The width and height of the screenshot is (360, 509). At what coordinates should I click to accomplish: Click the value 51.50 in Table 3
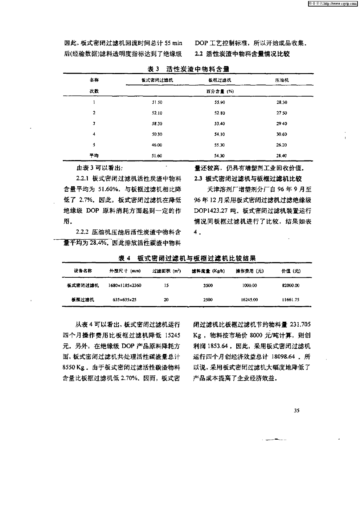coord(157,102)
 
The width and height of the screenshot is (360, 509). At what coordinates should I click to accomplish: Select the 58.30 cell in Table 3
coord(157,124)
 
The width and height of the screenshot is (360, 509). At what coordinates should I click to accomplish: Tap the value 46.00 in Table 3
coord(157,145)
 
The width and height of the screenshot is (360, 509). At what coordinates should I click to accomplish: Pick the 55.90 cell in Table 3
coord(220,102)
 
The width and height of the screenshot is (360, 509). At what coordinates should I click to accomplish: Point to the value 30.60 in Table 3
coord(282,134)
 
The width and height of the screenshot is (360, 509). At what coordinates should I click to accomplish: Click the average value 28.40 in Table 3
coord(282,156)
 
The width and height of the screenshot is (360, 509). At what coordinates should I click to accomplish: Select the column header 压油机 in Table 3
coord(282,80)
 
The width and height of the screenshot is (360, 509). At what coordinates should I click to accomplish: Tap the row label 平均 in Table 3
coord(94,156)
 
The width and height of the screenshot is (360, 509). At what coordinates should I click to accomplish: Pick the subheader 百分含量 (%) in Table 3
coord(220,91)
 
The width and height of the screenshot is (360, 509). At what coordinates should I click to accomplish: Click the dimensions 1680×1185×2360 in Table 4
coord(125,286)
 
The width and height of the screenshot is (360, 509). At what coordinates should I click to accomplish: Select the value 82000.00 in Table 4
coord(291,286)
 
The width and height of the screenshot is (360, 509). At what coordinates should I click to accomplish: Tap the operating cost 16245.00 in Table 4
coord(249,300)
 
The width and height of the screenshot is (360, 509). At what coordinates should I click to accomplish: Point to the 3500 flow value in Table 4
coord(208,286)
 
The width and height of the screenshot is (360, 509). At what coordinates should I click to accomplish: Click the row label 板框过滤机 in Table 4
coord(83,300)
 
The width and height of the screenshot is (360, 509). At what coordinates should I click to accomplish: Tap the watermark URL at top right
coord(332,3)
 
